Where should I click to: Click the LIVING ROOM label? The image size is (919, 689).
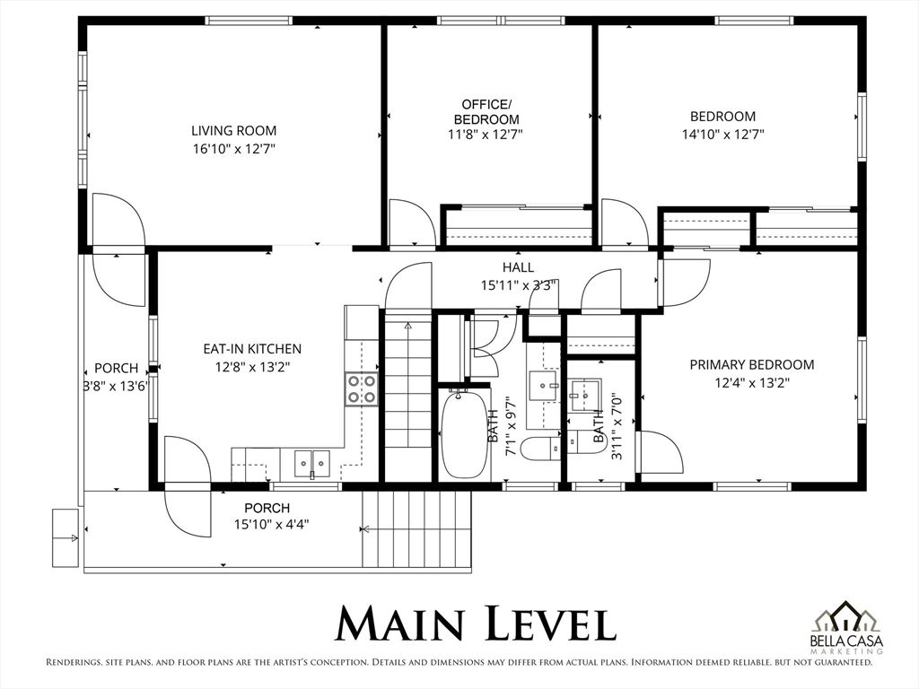233,130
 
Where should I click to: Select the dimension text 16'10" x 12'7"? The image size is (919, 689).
233,149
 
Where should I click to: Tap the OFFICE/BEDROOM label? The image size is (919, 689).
486,111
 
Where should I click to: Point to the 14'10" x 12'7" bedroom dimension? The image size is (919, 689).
722,135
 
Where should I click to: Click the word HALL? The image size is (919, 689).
518,267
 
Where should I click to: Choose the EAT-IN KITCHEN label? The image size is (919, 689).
251,348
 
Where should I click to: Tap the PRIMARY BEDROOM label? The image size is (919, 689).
751,364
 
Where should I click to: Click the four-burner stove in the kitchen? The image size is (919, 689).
362,389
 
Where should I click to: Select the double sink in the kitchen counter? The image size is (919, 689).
312,464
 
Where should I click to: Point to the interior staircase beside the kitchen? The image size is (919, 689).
407,386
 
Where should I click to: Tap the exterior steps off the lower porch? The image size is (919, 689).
416,529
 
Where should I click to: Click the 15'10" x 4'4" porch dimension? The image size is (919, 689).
267,524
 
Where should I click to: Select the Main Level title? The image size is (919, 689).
475,624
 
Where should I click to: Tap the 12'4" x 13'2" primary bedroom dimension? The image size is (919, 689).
751,382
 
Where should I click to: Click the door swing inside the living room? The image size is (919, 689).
117,220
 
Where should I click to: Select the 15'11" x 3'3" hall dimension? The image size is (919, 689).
518,284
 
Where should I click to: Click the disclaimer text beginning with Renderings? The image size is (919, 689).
459,663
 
